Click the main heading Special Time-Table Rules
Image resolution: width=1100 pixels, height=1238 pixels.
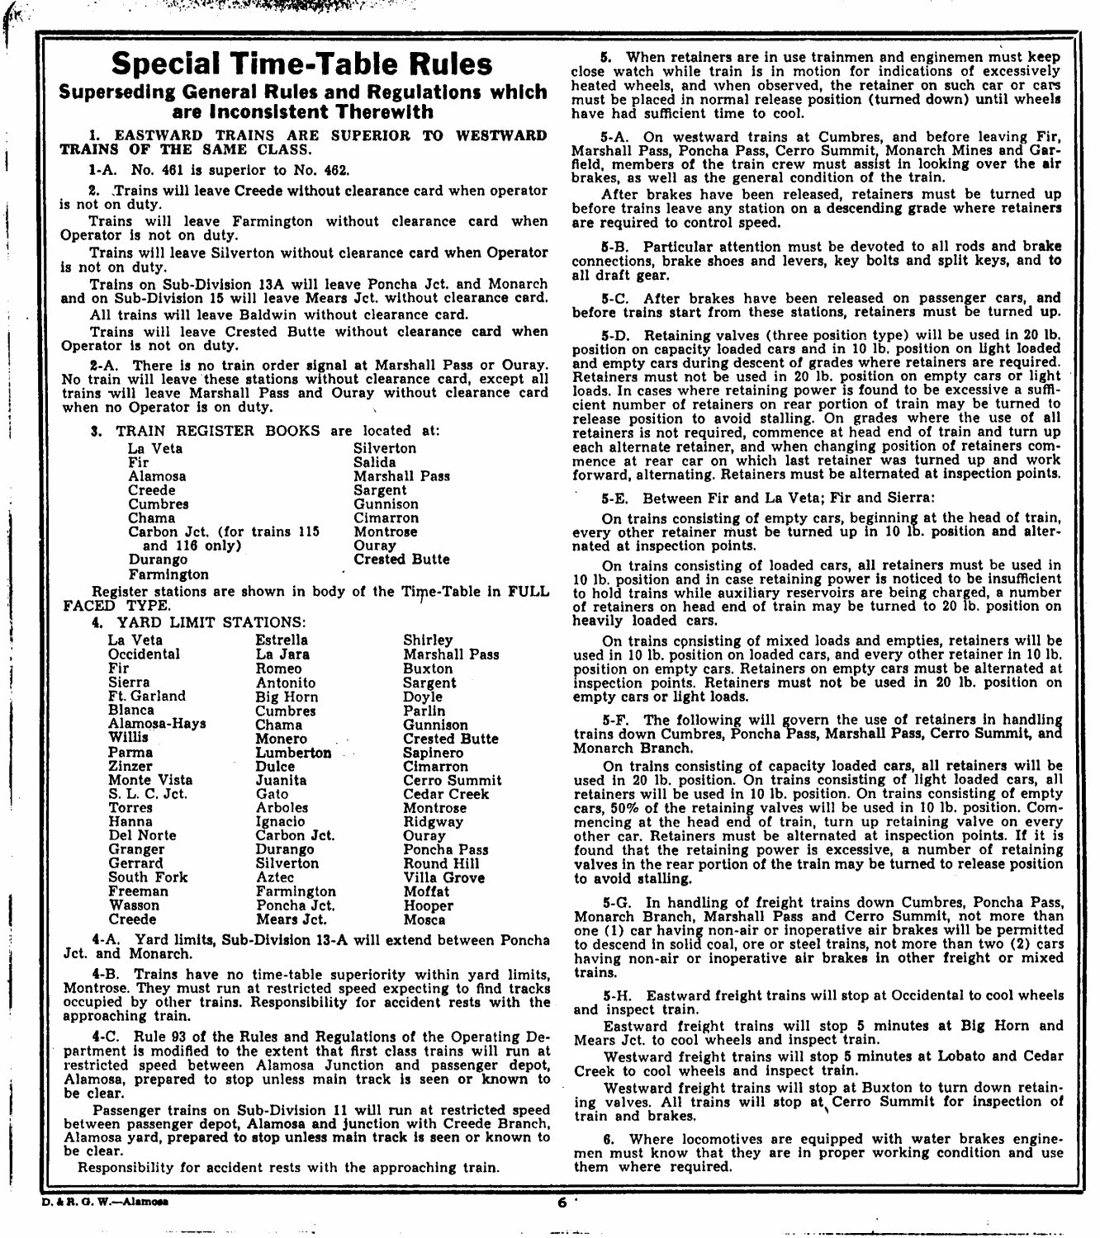coord(302,64)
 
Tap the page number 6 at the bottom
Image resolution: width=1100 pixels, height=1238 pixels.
coord(562,1202)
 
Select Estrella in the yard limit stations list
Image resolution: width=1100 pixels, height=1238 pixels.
coord(282,640)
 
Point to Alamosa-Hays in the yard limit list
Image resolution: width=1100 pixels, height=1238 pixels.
coord(157,724)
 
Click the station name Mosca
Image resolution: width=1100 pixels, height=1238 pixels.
coord(424,919)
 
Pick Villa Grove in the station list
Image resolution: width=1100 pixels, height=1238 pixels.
coord(443,877)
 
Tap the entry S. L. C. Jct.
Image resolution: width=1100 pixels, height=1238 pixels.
coord(148,794)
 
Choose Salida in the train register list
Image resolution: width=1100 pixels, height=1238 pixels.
coord(375,462)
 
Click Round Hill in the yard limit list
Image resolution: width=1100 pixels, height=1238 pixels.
coord(441,863)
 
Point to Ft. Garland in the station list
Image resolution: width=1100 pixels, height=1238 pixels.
coord(147,696)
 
